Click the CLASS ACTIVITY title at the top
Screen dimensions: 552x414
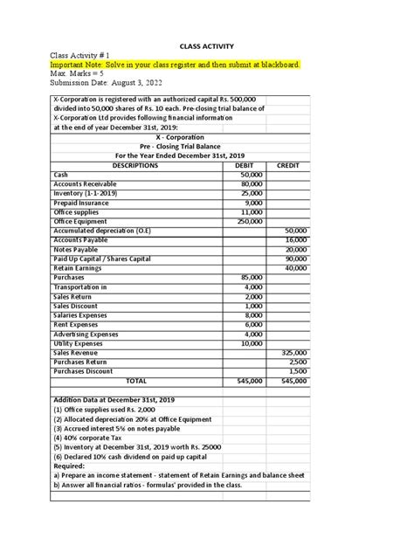(x=206, y=45)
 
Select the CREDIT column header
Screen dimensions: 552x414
(x=287, y=165)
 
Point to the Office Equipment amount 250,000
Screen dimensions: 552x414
(x=250, y=222)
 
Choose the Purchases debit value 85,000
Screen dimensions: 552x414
(x=252, y=277)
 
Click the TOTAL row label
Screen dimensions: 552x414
(x=136, y=381)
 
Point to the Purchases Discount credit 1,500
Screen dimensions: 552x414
(x=295, y=369)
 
